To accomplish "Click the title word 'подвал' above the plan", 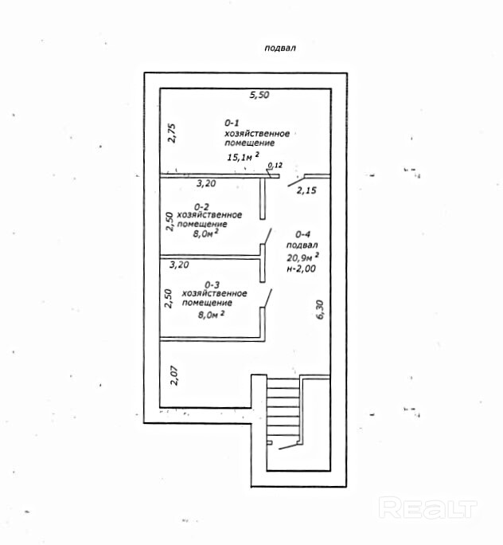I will click(279, 48).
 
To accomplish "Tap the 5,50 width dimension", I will click(259, 95).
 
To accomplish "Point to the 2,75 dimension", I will click(169, 133).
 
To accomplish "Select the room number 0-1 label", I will click(232, 123).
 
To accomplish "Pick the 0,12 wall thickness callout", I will click(275, 165).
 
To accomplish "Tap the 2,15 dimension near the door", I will click(306, 190).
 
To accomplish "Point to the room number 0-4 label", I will click(302, 234).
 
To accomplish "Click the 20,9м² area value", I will click(303, 257).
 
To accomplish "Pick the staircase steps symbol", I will click(283, 411).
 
